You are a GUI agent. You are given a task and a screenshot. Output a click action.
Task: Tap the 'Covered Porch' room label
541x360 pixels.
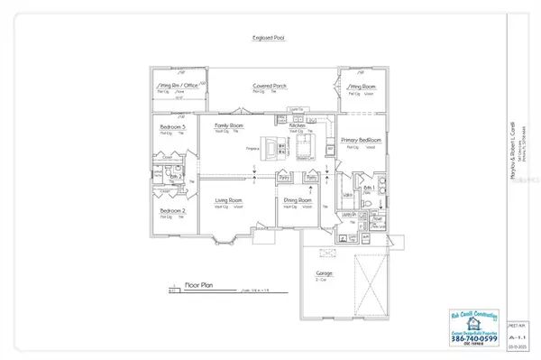pos(270,86)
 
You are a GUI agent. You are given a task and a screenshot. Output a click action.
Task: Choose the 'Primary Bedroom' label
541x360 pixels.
pos(363,141)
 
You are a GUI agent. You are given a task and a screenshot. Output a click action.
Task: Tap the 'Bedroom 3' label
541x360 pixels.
pos(172,127)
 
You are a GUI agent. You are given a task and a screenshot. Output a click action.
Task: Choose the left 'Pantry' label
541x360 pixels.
pos(287,178)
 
